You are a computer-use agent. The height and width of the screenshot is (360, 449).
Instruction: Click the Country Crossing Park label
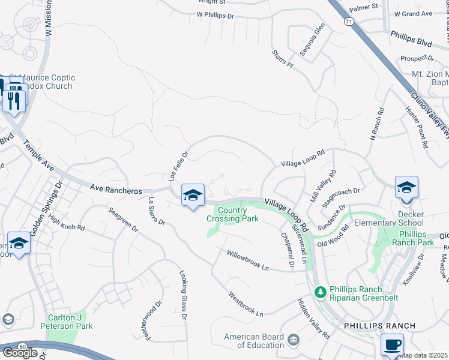coord(232,214)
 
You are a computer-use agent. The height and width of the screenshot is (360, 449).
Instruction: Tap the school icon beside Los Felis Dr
coord(193,195)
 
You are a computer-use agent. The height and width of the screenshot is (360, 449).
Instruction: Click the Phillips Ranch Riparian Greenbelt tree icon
coord(321,291)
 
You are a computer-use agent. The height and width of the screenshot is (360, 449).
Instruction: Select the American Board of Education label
coord(254,341)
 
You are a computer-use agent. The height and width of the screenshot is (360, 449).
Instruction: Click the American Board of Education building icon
coord(293,340)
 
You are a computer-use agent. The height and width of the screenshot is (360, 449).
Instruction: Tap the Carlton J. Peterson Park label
coord(66,322)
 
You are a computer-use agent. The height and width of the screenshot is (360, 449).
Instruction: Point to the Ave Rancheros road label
coord(116,188)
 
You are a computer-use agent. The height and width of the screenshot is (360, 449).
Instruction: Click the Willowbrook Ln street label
coord(247,260)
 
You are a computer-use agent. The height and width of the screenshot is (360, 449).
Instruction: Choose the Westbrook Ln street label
coord(246,304)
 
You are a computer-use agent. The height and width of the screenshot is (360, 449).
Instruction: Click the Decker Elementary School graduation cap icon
coord(406,187)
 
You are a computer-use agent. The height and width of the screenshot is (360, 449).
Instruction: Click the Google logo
coord(20,352)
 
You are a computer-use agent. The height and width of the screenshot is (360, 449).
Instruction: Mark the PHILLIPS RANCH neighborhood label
coord(379,326)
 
